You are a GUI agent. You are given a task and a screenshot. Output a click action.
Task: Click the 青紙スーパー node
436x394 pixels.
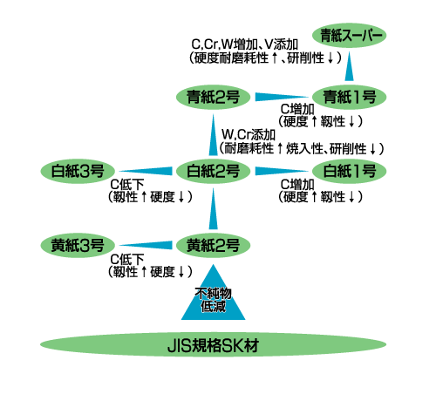tap(349, 36)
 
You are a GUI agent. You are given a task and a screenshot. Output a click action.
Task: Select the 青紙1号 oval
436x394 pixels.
tap(349, 97)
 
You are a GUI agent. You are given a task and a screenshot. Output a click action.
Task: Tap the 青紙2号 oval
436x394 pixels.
tap(213, 97)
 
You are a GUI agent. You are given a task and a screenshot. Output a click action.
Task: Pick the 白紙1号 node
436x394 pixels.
tap(349, 171)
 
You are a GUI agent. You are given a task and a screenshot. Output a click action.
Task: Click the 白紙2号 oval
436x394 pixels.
tap(213, 171)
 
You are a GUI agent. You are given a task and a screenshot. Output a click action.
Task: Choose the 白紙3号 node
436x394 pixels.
tap(78, 171)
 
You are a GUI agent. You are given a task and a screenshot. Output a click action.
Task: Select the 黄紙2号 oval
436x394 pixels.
tap(213, 246)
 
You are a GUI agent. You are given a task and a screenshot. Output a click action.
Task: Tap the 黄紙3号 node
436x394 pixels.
tap(78, 246)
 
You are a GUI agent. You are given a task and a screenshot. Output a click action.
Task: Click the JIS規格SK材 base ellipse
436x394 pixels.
tap(213, 344)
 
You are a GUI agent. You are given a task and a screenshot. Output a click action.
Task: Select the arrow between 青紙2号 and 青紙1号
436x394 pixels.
tap(282, 97)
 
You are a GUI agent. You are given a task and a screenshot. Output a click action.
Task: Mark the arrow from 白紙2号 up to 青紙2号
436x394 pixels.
tap(213, 135)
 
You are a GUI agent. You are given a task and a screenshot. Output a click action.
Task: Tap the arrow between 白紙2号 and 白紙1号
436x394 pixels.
tap(282, 171)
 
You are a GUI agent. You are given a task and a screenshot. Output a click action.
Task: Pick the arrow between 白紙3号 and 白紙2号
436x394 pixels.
tap(146, 171)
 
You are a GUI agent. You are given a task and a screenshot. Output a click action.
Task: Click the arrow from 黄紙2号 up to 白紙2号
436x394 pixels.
tap(213, 208)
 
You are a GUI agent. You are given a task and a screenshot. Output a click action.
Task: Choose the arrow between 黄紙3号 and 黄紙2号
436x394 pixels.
tap(146, 246)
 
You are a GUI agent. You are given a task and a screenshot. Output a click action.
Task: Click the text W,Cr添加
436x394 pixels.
tap(249, 134)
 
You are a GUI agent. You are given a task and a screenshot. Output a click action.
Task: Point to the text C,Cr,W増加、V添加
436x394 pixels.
tap(245, 44)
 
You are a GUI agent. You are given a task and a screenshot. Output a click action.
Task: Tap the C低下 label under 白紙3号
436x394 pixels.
tap(127, 184)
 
